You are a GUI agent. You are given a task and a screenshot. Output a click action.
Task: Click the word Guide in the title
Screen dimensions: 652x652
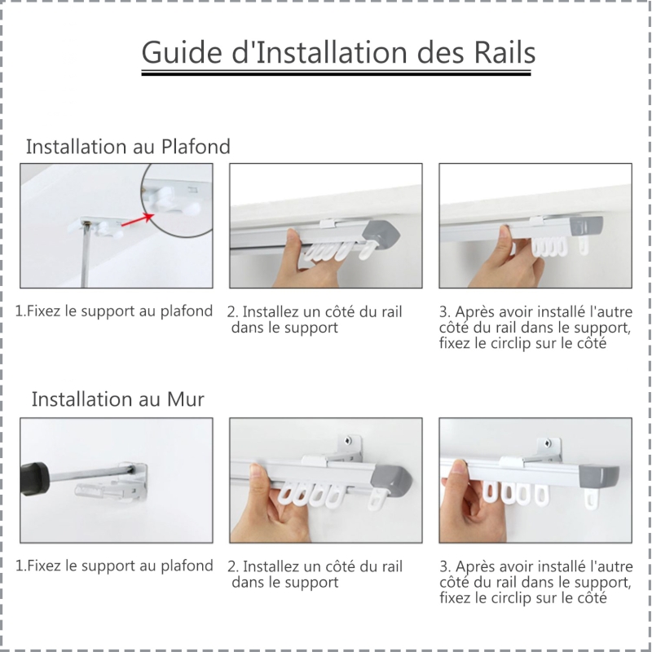(x=182, y=52)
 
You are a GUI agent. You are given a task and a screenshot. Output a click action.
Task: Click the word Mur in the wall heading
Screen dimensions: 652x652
(x=186, y=399)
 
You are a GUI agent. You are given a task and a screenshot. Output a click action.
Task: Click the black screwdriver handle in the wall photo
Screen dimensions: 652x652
(x=34, y=474)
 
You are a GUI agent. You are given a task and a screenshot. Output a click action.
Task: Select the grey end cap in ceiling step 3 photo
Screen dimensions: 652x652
(x=587, y=226)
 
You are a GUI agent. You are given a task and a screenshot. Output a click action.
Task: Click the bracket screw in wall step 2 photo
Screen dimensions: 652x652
(x=348, y=441)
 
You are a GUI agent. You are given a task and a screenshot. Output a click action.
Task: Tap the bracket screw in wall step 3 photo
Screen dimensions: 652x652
(x=549, y=444)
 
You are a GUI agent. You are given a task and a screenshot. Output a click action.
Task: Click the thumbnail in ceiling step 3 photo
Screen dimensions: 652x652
(x=504, y=231)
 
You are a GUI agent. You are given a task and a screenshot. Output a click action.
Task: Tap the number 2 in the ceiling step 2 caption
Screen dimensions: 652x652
(x=231, y=312)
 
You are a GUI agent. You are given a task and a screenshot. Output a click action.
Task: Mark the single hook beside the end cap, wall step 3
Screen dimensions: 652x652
(x=593, y=499)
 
